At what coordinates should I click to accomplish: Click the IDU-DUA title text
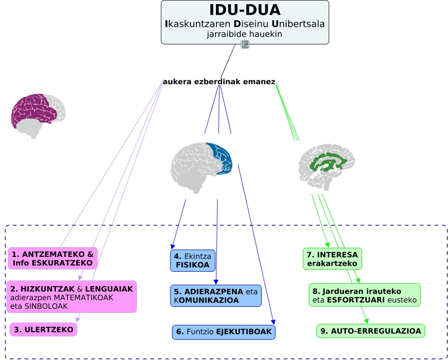245,10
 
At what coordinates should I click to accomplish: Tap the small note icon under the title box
245,44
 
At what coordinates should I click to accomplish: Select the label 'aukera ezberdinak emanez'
219,82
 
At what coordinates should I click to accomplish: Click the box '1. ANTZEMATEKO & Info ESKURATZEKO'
53,258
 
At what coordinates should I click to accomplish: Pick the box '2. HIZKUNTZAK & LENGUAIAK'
72,297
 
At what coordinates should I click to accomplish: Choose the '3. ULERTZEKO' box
43,329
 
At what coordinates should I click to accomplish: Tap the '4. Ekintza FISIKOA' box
193,261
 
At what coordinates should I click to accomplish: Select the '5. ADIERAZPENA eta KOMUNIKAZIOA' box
216,296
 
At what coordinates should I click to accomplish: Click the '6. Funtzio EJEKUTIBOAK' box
224,332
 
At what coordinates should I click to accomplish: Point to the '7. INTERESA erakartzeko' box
332,259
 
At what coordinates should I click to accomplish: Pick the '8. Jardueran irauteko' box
365,295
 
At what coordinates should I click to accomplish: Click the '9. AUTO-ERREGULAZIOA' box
371,331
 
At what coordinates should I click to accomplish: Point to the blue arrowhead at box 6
273,322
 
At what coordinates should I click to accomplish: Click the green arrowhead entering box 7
328,245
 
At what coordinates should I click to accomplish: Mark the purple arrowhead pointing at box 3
78,319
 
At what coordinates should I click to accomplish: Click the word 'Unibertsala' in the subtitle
298,24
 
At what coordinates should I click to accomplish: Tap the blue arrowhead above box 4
172,247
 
